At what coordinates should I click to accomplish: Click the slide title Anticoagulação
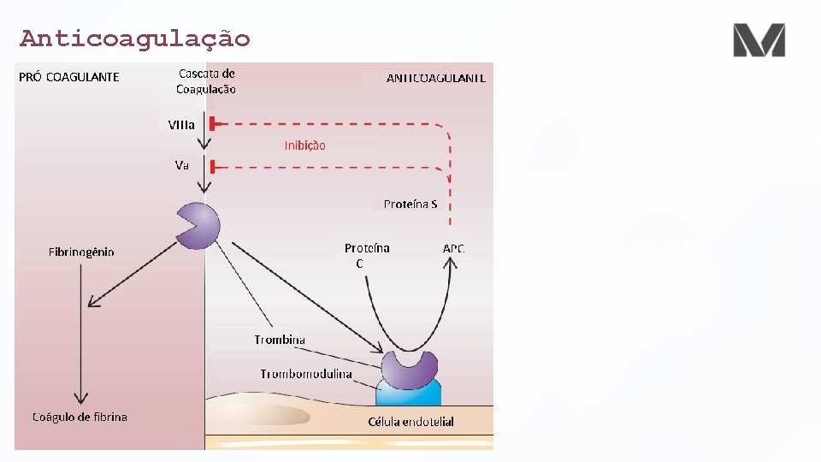click(x=135, y=38)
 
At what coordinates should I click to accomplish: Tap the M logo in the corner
click(x=759, y=40)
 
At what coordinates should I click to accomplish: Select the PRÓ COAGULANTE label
click(x=69, y=77)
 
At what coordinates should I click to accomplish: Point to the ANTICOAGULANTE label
click(x=436, y=78)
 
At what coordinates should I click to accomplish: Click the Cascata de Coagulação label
click(x=206, y=81)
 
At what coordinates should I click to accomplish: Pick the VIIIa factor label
click(x=181, y=125)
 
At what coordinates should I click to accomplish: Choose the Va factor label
click(x=181, y=165)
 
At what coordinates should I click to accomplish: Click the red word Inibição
click(x=304, y=145)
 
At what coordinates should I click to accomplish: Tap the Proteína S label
click(x=410, y=204)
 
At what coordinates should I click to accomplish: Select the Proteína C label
click(x=366, y=255)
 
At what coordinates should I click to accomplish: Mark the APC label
click(x=454, y=248)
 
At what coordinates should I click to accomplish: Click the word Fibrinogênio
click(x=81, y=252)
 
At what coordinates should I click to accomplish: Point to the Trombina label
click(x=280, y=340)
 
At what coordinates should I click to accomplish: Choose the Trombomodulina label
click(x=306, y=374)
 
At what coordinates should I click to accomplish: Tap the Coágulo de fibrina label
click(x=80, y=417)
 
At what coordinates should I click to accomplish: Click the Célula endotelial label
click(x=410, y=422)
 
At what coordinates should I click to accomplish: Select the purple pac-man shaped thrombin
click(x=199, y=225)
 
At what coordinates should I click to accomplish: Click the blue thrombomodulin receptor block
click(x=409, y=394)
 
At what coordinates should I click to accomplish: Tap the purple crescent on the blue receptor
click(x=409, y=367)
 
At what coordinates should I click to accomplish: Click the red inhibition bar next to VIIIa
click(x=212, y=125)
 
